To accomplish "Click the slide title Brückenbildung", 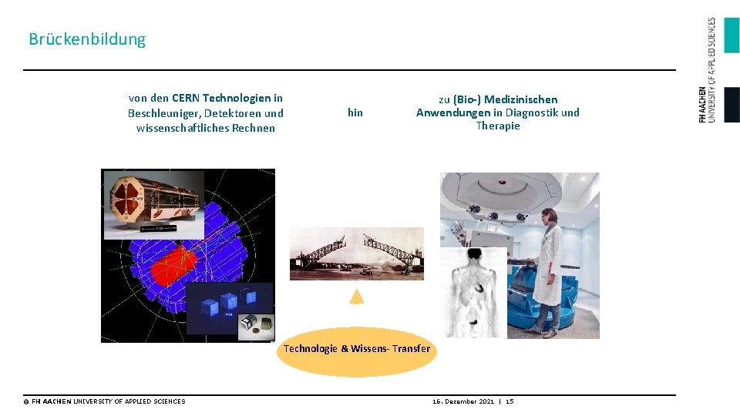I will pyautogui.click(x=87, y=39).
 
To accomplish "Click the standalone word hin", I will pyautogui.click(x=355, y=112).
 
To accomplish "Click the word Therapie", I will pyautogui.click(x=498, y=126).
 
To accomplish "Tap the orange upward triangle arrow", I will pyautogui.click(x=356, y=296).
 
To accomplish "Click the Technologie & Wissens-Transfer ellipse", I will pyautogui.click(x=356, y=350).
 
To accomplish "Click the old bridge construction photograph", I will pyautogui.click(x=356, y=253).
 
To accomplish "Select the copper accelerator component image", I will pyautogui.click(x=154, y=204).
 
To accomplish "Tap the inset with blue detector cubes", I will pyautogui.click(x=230, y=307).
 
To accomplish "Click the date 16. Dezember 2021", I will pyautogui.click(x=462, y=401).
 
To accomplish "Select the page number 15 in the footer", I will pyautogui.click(x=510, y=401).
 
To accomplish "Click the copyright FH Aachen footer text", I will pyautogui.click(x=104, y=401).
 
